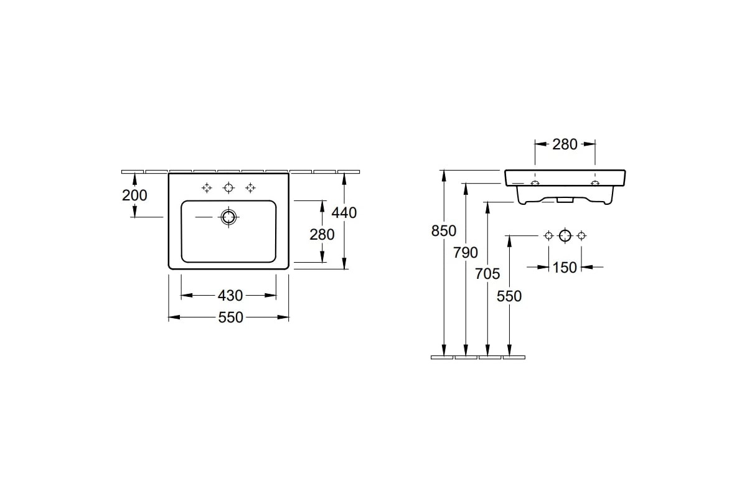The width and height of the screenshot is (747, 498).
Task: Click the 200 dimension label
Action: [134, 195]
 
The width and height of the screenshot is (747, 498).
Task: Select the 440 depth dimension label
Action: [344, 213]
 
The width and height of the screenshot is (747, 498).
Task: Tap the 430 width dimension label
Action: [230, 296]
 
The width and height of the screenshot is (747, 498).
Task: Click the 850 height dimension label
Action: [443, 231]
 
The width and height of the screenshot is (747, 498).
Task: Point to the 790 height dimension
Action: [466, 253]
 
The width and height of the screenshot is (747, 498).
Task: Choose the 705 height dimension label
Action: [487, 274]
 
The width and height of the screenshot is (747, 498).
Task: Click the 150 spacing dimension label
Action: [565, 268]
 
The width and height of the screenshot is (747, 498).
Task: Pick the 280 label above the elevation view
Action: [565, 144]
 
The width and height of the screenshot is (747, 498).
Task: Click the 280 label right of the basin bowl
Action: [322, 235]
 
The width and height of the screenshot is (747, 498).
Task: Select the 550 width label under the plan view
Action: [230, 317]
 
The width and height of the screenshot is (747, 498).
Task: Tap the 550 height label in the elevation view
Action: [509, 296]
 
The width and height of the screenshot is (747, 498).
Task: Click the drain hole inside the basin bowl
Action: [229, 217]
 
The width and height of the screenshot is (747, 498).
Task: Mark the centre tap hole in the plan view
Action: [228, 188]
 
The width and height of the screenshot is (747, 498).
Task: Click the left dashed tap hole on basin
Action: [207, 188]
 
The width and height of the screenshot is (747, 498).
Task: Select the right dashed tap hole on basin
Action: [250, 188]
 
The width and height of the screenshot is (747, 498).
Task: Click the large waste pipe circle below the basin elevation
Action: [565, 236]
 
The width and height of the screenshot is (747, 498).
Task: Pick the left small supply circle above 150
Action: [548, 236]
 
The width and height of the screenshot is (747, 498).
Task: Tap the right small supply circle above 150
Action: [581, 236]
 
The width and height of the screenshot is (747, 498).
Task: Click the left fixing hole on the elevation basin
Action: [535, 183]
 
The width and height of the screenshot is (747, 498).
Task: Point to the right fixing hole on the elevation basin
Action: [595, 183]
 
